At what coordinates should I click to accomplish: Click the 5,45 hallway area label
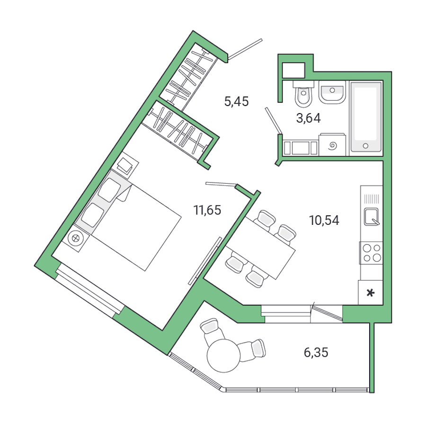click(236, 102)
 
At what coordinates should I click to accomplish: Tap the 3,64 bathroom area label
click(309, 118)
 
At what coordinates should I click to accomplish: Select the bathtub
click(365, 118)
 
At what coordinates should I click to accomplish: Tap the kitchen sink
click(372, 216)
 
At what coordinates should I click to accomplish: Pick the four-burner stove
click(371, 252)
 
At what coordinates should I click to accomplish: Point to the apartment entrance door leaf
click(245, 49)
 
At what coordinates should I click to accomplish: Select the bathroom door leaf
click(273, 121)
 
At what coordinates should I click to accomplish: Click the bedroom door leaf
click(221, 184)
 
